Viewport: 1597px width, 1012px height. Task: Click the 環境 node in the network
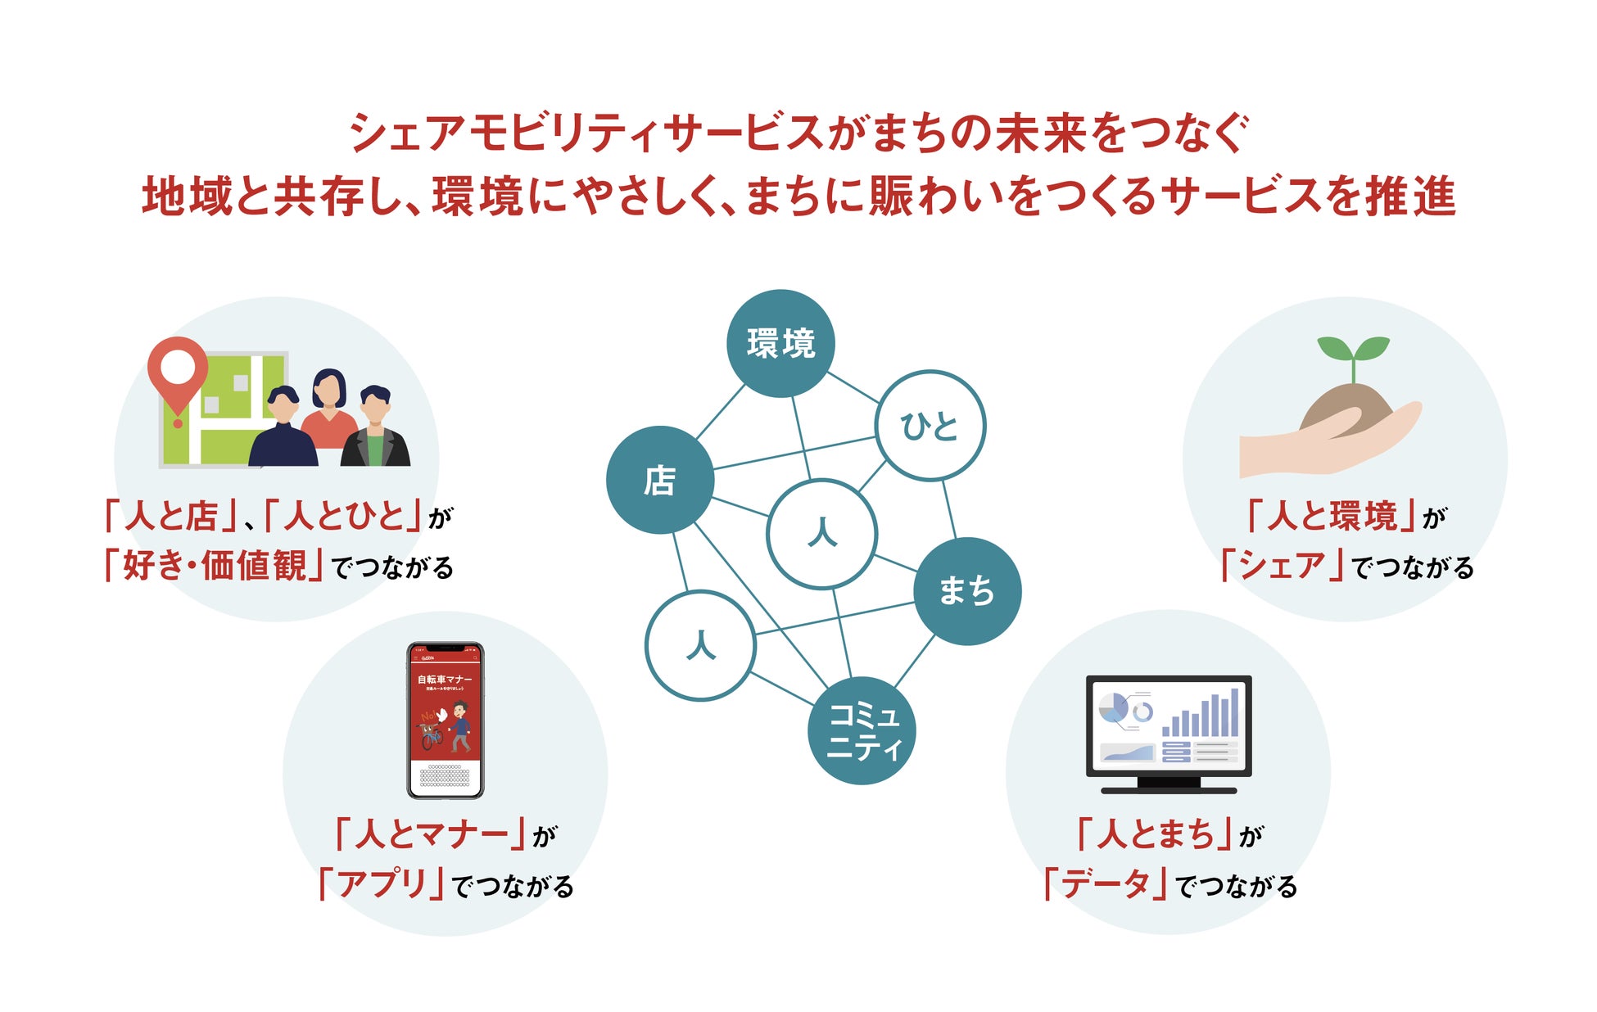tap(780, 343)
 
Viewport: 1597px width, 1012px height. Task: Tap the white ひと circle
tap(930, 426)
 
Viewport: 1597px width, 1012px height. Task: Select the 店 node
tap(660, 480)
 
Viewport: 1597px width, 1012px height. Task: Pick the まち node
tap(966, 590)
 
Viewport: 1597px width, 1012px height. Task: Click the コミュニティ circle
tap(862, 730)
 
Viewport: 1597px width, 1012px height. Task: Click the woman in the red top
tap(329, 409)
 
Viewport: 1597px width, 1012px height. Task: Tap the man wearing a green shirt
tap(375, 430)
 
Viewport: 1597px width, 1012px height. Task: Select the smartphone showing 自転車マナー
tap(446, 720)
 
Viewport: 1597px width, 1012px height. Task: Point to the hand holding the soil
tap(1327, 442)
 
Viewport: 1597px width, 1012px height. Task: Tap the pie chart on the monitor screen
tap(1113, 707)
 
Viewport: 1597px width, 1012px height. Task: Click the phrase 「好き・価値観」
tap(215, 566)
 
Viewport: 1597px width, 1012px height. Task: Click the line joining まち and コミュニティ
tap(914, 662)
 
